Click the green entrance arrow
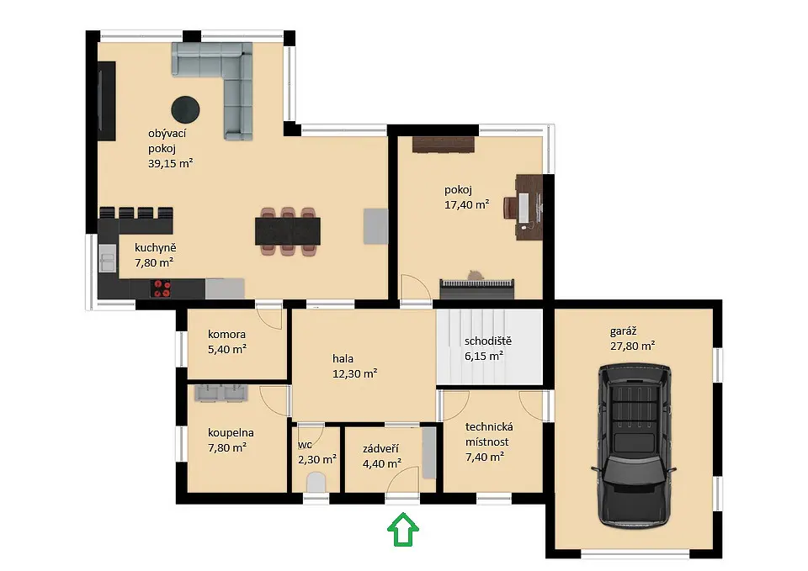pyautogui.click(x=403, y=529)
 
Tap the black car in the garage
pyautogui.click(x=635, y=446)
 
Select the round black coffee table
pyautogui.click(x=185, y=109)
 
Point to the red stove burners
pyautogui.click(x=162, y=288)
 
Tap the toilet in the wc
pyautogui.click(x=316, y=484)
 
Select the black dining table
pyautogui.click(x=288, y=231)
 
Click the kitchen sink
pyautogui.click(x=108, y=257)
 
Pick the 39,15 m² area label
pyautogui.click(x=171, y=164)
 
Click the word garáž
pyautogui.click(x=623, y=331)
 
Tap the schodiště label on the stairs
pyautogui.click(x=488, y=341)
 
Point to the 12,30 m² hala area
pyautogui.click(x=354, y=373)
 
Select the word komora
pyautogui.click(x=226, y=334)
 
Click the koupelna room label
pyautogui.click(x=231, y=433)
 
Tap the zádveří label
pyautogui.click(x=380, y=448)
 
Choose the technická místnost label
pyautogui.click(x=488, y=434)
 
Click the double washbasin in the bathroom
pyautogui.click(x=221, y=393)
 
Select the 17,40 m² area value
pyautogui.click(x=467, y=204)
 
